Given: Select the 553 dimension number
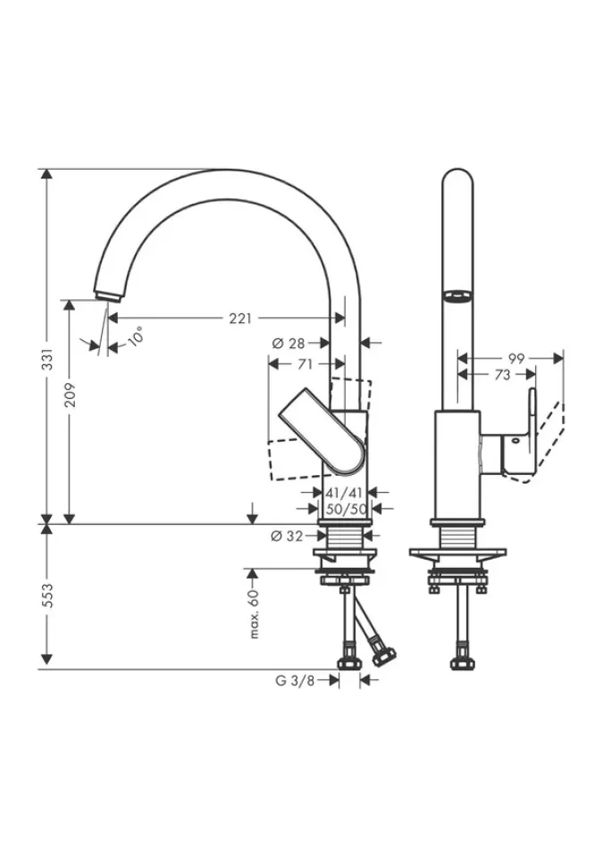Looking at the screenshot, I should pos(50,595).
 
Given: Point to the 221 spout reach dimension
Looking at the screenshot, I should pos(240,317).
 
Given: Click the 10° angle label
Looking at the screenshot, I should pos(135,337).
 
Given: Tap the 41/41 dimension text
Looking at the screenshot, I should pos(345,491).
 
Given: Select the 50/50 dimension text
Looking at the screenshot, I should pos(345,508).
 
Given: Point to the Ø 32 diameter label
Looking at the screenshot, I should pos(287,536).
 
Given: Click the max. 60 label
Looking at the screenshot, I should pos(254,613).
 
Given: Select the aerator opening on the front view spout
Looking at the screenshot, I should pos(456,295).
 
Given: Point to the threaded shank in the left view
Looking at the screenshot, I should pos(344,537).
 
